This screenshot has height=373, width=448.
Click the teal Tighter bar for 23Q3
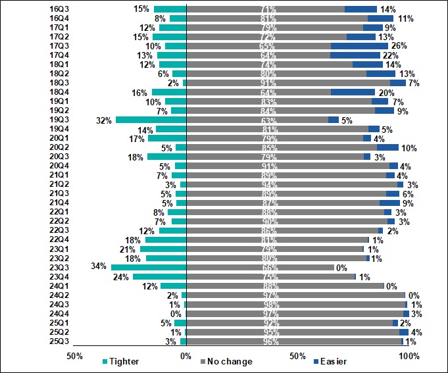coord(149,268)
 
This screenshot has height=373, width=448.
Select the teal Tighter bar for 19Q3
coord(151,120)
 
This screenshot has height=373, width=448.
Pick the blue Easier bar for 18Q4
coord(353,93)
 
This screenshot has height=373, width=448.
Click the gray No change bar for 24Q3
coord(295,305)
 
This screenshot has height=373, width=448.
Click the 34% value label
coord(99,268)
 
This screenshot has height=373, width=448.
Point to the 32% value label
coord(103,120)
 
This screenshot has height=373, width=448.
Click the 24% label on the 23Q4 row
coord(120,277)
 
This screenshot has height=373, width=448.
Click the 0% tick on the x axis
coord(186,356)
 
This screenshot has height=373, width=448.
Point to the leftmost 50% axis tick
coord(74,356)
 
